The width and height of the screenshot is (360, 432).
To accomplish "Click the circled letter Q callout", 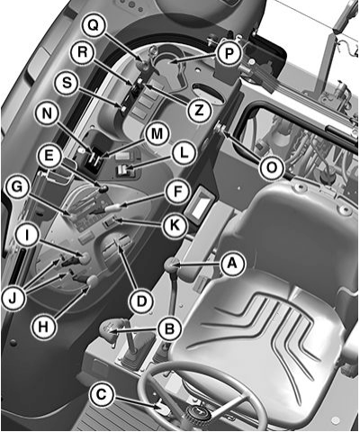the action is click(x=94, y=26).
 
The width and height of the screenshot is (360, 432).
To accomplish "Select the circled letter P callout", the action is click(x=229, y=54).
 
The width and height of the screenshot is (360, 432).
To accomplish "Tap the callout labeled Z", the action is click(x=199, y=110).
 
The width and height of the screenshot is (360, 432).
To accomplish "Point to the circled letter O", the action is click(x=272, y=168).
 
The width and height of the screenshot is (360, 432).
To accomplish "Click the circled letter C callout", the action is click(x=101, y=394).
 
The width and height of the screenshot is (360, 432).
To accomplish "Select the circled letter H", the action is click(x=44, y=326).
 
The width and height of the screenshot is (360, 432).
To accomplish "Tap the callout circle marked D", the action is click(x=141, y=301).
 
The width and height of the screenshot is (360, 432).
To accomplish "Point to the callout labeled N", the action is click(x=47, y=114).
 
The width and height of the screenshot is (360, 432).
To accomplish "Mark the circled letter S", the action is click(x=67, y=83).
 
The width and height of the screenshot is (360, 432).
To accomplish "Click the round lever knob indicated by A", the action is click(x=171, y=265).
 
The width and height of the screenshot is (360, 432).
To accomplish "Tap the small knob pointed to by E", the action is click(x=103, y=188).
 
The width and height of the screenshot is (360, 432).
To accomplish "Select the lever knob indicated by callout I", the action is click(x=85, y=258).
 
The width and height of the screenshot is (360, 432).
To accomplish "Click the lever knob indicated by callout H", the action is click(x=93, y=281).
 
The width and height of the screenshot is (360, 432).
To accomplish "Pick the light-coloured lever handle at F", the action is click(x=113, y=208).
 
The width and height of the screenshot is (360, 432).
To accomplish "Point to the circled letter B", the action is click(x=170, y=329).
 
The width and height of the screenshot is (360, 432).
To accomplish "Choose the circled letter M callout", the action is click(x=157, y=134).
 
